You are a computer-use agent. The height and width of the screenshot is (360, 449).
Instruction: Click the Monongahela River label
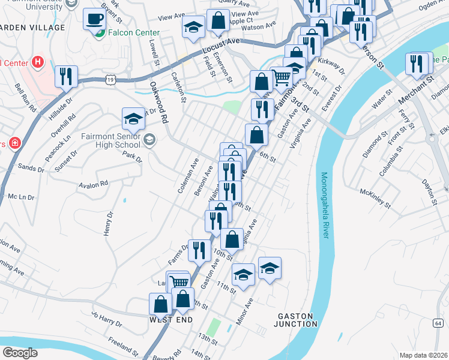pos(325,205)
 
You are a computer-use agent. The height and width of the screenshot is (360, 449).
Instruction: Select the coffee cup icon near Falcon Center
pos(93,19)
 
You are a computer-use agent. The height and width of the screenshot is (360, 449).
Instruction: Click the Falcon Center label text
pos(134,33)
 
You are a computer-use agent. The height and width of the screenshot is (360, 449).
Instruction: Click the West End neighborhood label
pos(171,320)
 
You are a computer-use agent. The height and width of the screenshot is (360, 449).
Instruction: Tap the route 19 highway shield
pos(109,79)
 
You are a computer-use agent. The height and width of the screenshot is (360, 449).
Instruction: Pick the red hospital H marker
pos(38,61)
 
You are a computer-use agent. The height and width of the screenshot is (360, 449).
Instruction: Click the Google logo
pos(20,353)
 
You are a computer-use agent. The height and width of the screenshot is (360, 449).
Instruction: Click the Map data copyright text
pos(423,355)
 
